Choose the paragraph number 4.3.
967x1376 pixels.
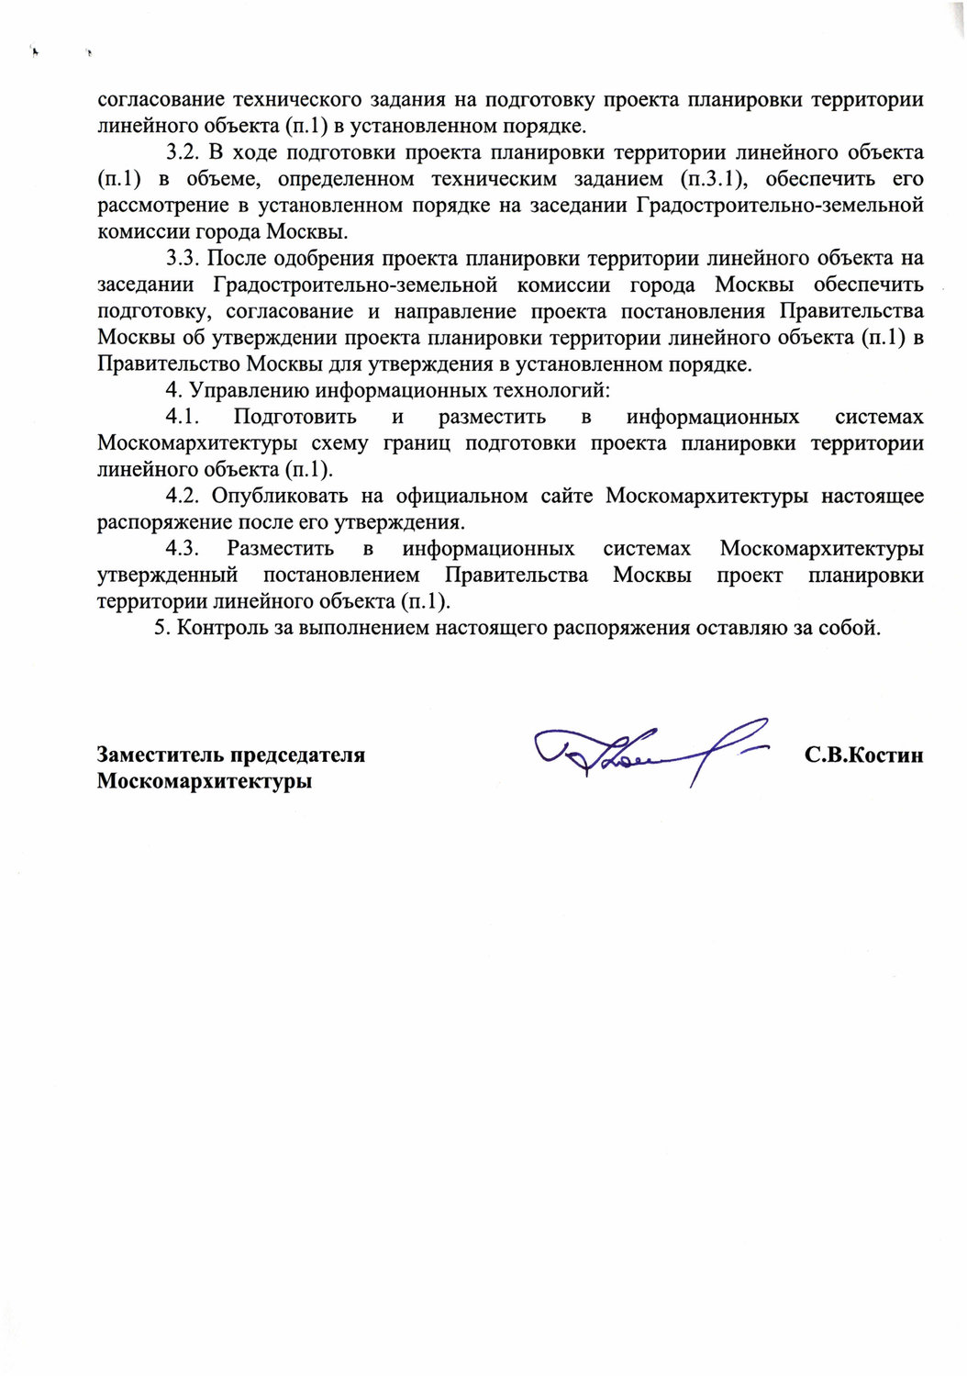183,549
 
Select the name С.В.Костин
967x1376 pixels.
863,755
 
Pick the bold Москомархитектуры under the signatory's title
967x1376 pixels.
205,782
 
